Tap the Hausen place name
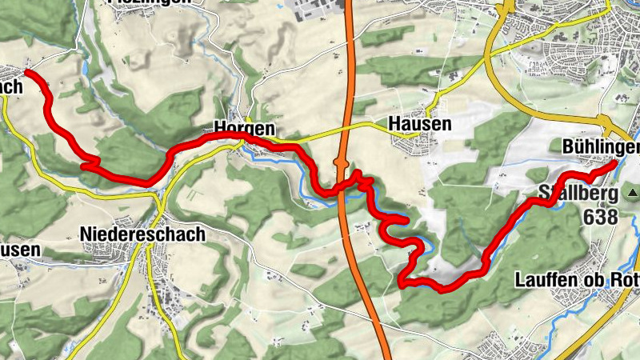tap(419, 124)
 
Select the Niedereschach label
tap(142, 234)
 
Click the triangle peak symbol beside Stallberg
tap(633, 193)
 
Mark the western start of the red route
tap(29, 72)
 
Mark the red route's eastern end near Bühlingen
tap(613, 163)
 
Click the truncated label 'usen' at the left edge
tap(19, 250)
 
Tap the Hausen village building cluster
tap(412, 144)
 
